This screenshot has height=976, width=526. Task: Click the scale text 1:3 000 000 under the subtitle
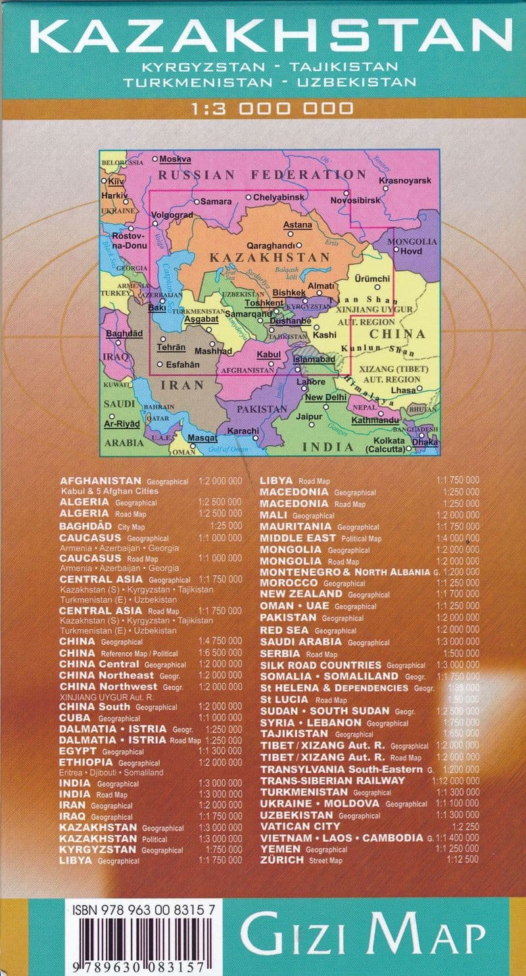[x=263, y=108]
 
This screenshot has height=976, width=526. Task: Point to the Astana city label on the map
[x=297, y=225]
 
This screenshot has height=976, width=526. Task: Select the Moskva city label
[x=175, y=159]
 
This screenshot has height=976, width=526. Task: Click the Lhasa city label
[x=402, y=390]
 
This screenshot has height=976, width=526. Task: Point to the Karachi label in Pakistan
[x=242, y=430]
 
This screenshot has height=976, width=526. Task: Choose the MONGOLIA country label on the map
[x=412, y=242]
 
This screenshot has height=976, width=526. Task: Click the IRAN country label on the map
[x=182, y=385]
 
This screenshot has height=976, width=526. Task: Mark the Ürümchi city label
[x=371, y=278]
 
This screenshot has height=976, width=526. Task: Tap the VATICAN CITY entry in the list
[x=300, y=826]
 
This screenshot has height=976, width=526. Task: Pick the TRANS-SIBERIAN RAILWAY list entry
[x=332, y=781]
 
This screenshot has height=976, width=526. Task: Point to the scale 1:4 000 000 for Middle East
[x=458, y=538]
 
